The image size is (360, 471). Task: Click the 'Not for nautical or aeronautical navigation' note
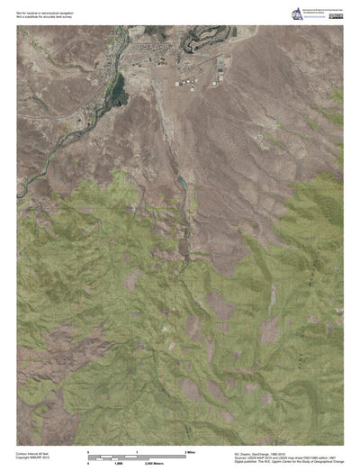pyautogui.click(x=39, y=10)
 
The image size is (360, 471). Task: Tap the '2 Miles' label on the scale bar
pyautogui.click(x=190, y=449)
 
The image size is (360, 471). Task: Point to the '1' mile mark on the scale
pyautogui.click(x=136, y=449)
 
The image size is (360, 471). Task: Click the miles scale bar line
pyautogui.click(x=135, y=454)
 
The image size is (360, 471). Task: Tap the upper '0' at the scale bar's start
pyautogui.click(x=87, y=449)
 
